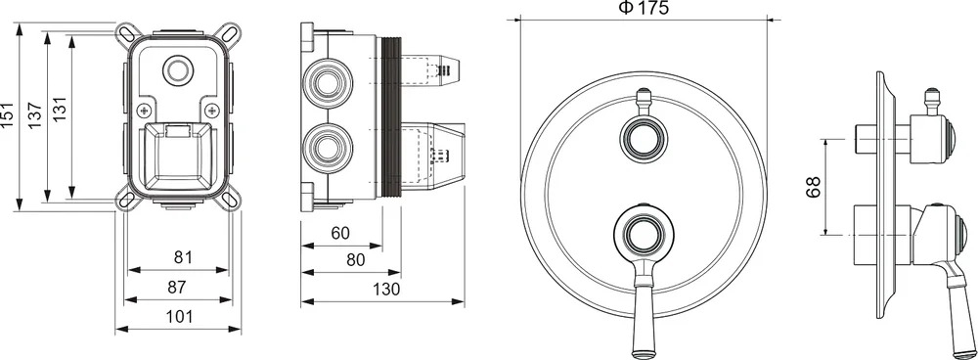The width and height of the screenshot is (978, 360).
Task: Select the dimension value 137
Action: [35, 115]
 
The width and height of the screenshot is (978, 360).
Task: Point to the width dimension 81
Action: [180, 257]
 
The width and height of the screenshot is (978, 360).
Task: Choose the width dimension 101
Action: [180, 316]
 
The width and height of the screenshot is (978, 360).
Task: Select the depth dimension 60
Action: [340, 234]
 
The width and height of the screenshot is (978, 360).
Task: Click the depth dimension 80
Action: [355, 260]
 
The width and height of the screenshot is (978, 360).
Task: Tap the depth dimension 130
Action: [386, 290]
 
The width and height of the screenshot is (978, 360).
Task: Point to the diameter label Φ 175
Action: [643, 8]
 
